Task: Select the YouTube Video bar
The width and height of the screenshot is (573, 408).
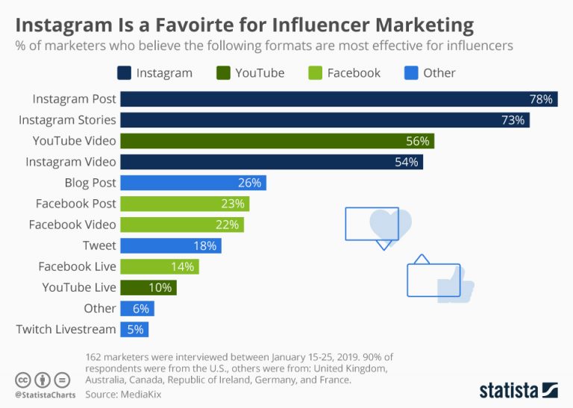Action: point(277,141)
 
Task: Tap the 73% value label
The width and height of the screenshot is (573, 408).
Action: point(513,120)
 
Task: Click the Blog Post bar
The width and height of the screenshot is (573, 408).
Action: point(193,183)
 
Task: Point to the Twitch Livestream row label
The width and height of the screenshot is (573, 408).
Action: point(66,329)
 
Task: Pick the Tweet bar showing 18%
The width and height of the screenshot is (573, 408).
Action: point(171,245)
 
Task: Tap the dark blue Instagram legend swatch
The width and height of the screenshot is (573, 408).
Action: point(125,73)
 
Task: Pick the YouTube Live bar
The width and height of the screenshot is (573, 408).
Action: point(148,287)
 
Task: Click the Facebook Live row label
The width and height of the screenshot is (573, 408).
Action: point(77,266)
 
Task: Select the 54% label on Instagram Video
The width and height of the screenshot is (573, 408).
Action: point(406,162)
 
